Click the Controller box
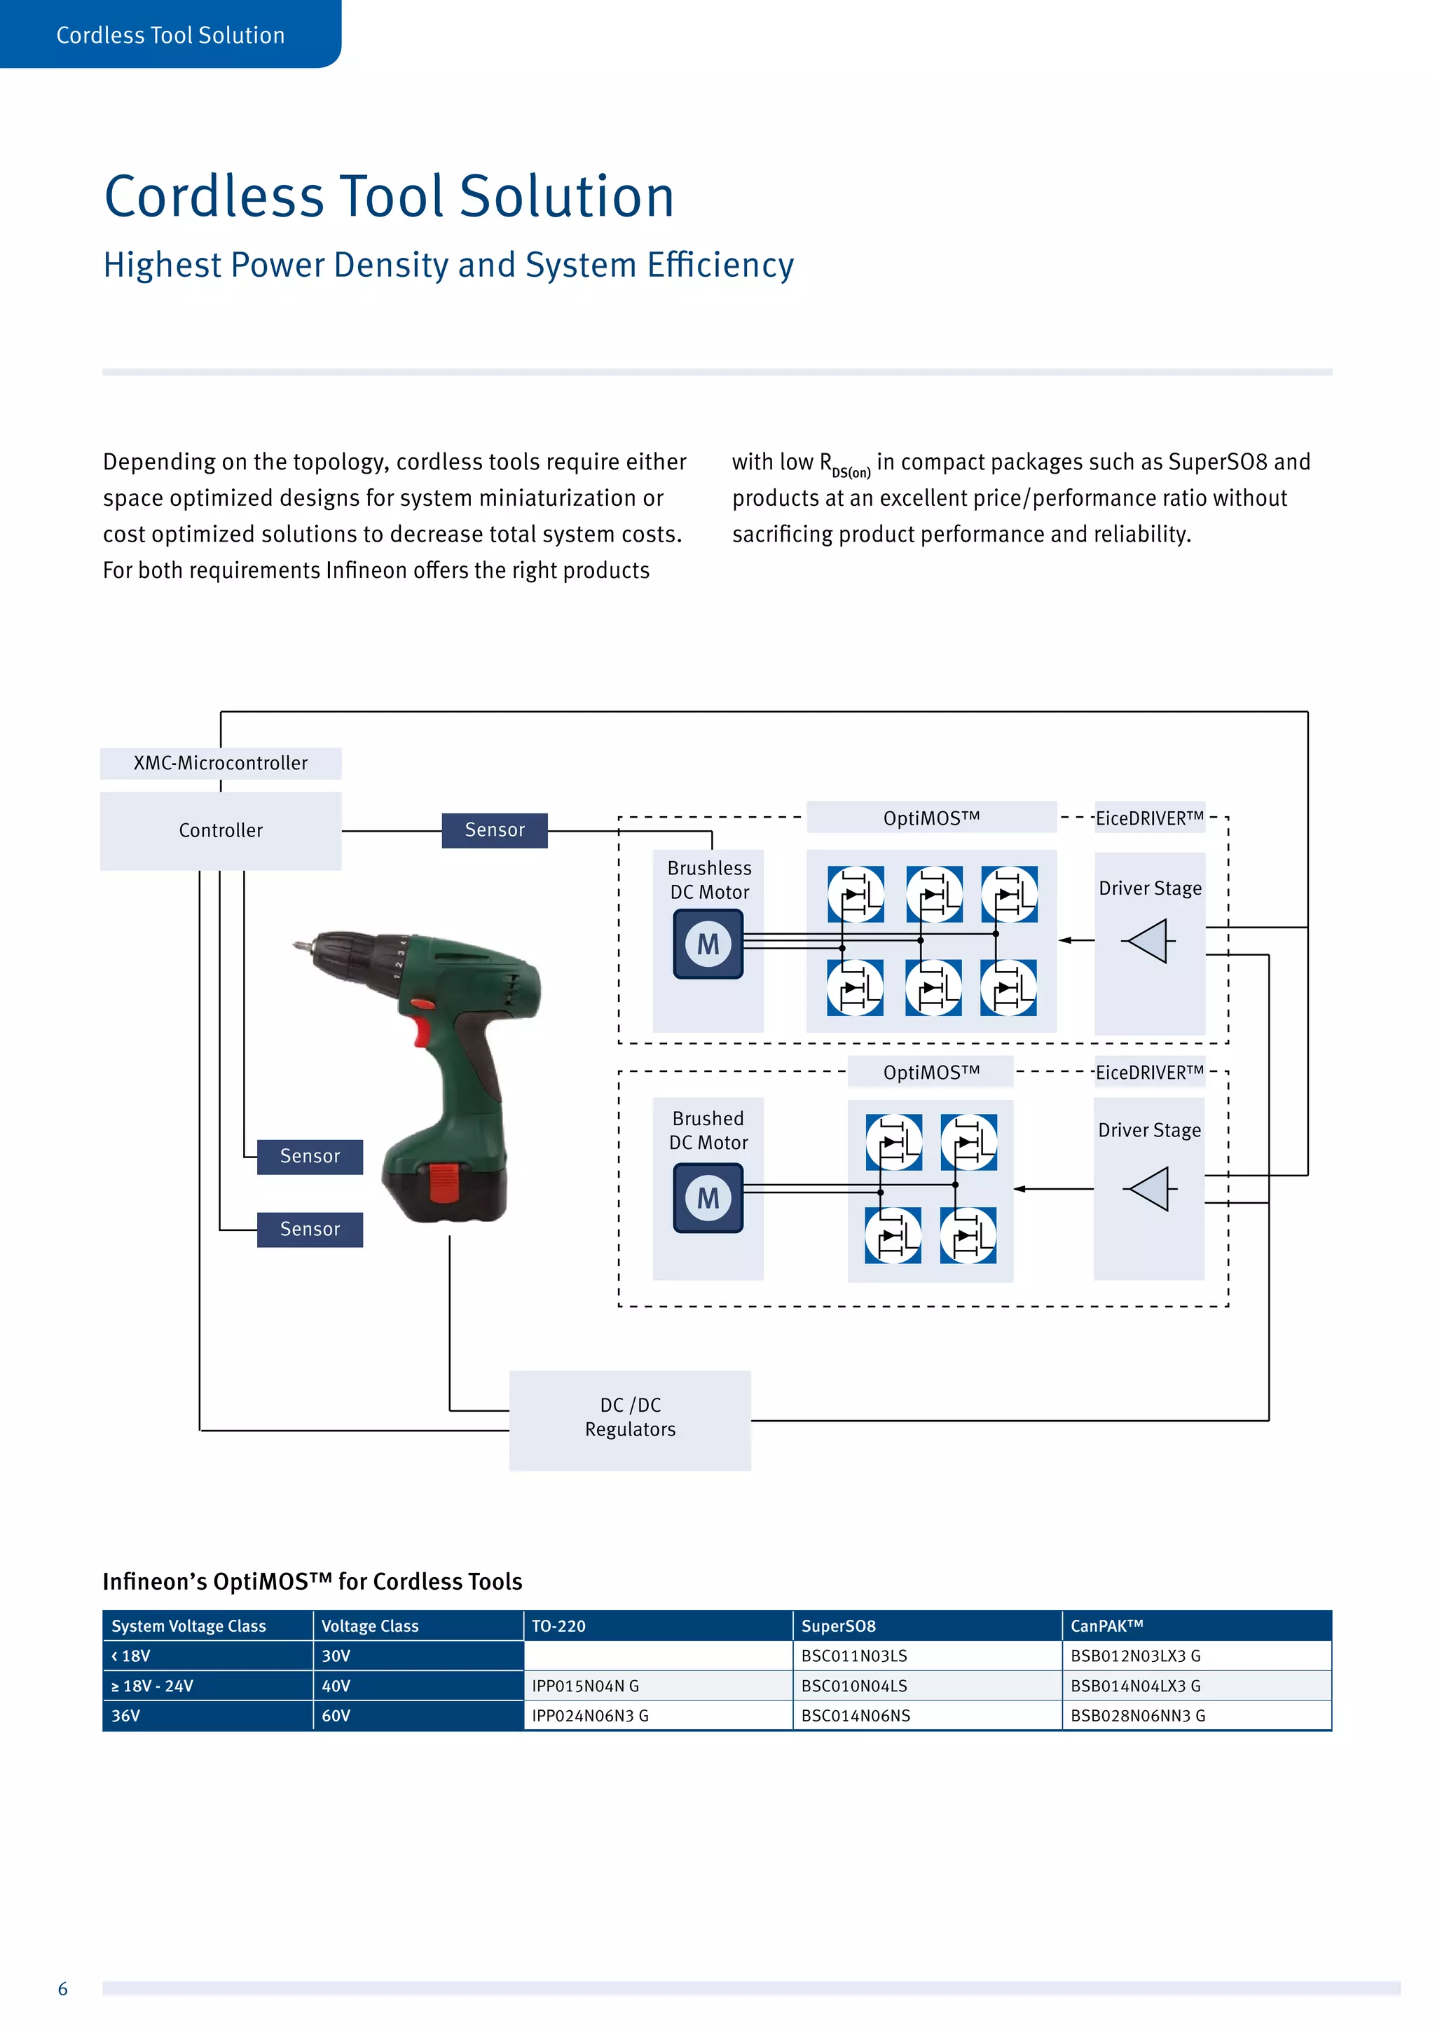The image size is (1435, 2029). [x=220, y=831]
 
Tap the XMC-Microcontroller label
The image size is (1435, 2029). [x=220, y=763]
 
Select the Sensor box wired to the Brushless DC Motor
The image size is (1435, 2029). [x=494, y=830]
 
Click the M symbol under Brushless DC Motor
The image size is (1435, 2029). [x=708, y=944]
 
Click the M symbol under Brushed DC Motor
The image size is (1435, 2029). [x=708, y=1197]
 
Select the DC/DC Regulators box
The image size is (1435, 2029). [x=630, y=1417]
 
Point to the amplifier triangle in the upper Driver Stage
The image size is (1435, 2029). [x=1148, y=940]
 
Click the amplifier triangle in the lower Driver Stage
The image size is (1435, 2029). [x=1148, y=1188]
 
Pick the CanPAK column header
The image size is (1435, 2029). [x=1106, y=1626]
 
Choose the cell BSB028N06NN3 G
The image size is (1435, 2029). [x=1137, y=1716]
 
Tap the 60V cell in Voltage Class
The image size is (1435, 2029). [x=336, y=1716]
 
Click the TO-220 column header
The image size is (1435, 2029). [x=558, y=1626]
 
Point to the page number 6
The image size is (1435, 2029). [x=63, y=1989]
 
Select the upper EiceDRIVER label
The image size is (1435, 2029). [x=1148, y=818]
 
